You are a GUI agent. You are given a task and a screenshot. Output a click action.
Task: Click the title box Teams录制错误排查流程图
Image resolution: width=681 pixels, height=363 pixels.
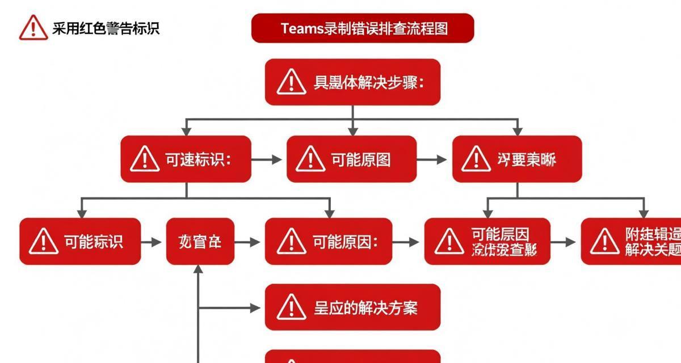(362, 28)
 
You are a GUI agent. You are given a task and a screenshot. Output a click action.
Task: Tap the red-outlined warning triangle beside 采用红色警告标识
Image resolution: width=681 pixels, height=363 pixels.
(33, 27)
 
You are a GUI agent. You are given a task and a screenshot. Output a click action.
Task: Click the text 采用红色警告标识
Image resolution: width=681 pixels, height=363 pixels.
(106, 28)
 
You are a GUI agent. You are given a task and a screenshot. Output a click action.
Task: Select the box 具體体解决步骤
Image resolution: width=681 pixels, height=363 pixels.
(352, 82)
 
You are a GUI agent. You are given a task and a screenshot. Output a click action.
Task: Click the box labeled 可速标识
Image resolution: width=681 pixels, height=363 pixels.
(186, 159)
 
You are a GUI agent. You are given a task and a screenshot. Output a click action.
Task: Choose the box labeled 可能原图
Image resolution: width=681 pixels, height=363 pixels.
(351, 159)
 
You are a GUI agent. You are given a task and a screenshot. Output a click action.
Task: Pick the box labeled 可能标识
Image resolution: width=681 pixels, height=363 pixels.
(80, 242)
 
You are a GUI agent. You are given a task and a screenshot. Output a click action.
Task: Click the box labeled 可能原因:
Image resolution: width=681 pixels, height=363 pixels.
(328, 242)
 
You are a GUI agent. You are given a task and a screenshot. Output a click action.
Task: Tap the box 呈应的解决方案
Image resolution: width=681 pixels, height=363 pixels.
(352, 307)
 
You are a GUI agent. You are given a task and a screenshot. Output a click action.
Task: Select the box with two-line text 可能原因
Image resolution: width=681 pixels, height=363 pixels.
(487, 242)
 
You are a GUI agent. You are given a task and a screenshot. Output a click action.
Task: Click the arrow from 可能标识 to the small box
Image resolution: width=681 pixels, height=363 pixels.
(152, 242)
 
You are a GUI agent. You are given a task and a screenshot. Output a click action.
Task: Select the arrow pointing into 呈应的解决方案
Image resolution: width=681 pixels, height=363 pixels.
(230, 308)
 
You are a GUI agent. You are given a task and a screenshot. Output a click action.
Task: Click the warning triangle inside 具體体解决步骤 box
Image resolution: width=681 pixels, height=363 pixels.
(291, 82)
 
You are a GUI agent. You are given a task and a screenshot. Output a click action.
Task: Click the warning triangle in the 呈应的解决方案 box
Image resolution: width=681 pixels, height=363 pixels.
(291, 307)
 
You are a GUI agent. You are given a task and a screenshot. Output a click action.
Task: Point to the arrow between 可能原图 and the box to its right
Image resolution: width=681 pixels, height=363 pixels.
(434, 159)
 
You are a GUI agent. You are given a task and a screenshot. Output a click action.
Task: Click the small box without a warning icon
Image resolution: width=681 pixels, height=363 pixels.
(200, 242)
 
